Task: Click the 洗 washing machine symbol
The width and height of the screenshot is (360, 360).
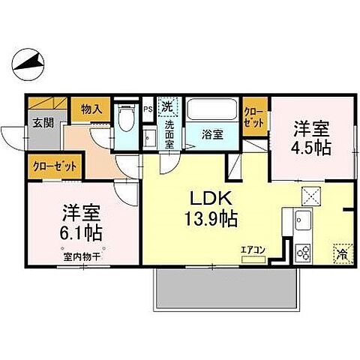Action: pos(168,106)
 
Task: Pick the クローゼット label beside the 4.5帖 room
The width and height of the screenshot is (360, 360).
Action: pos(253,116)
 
